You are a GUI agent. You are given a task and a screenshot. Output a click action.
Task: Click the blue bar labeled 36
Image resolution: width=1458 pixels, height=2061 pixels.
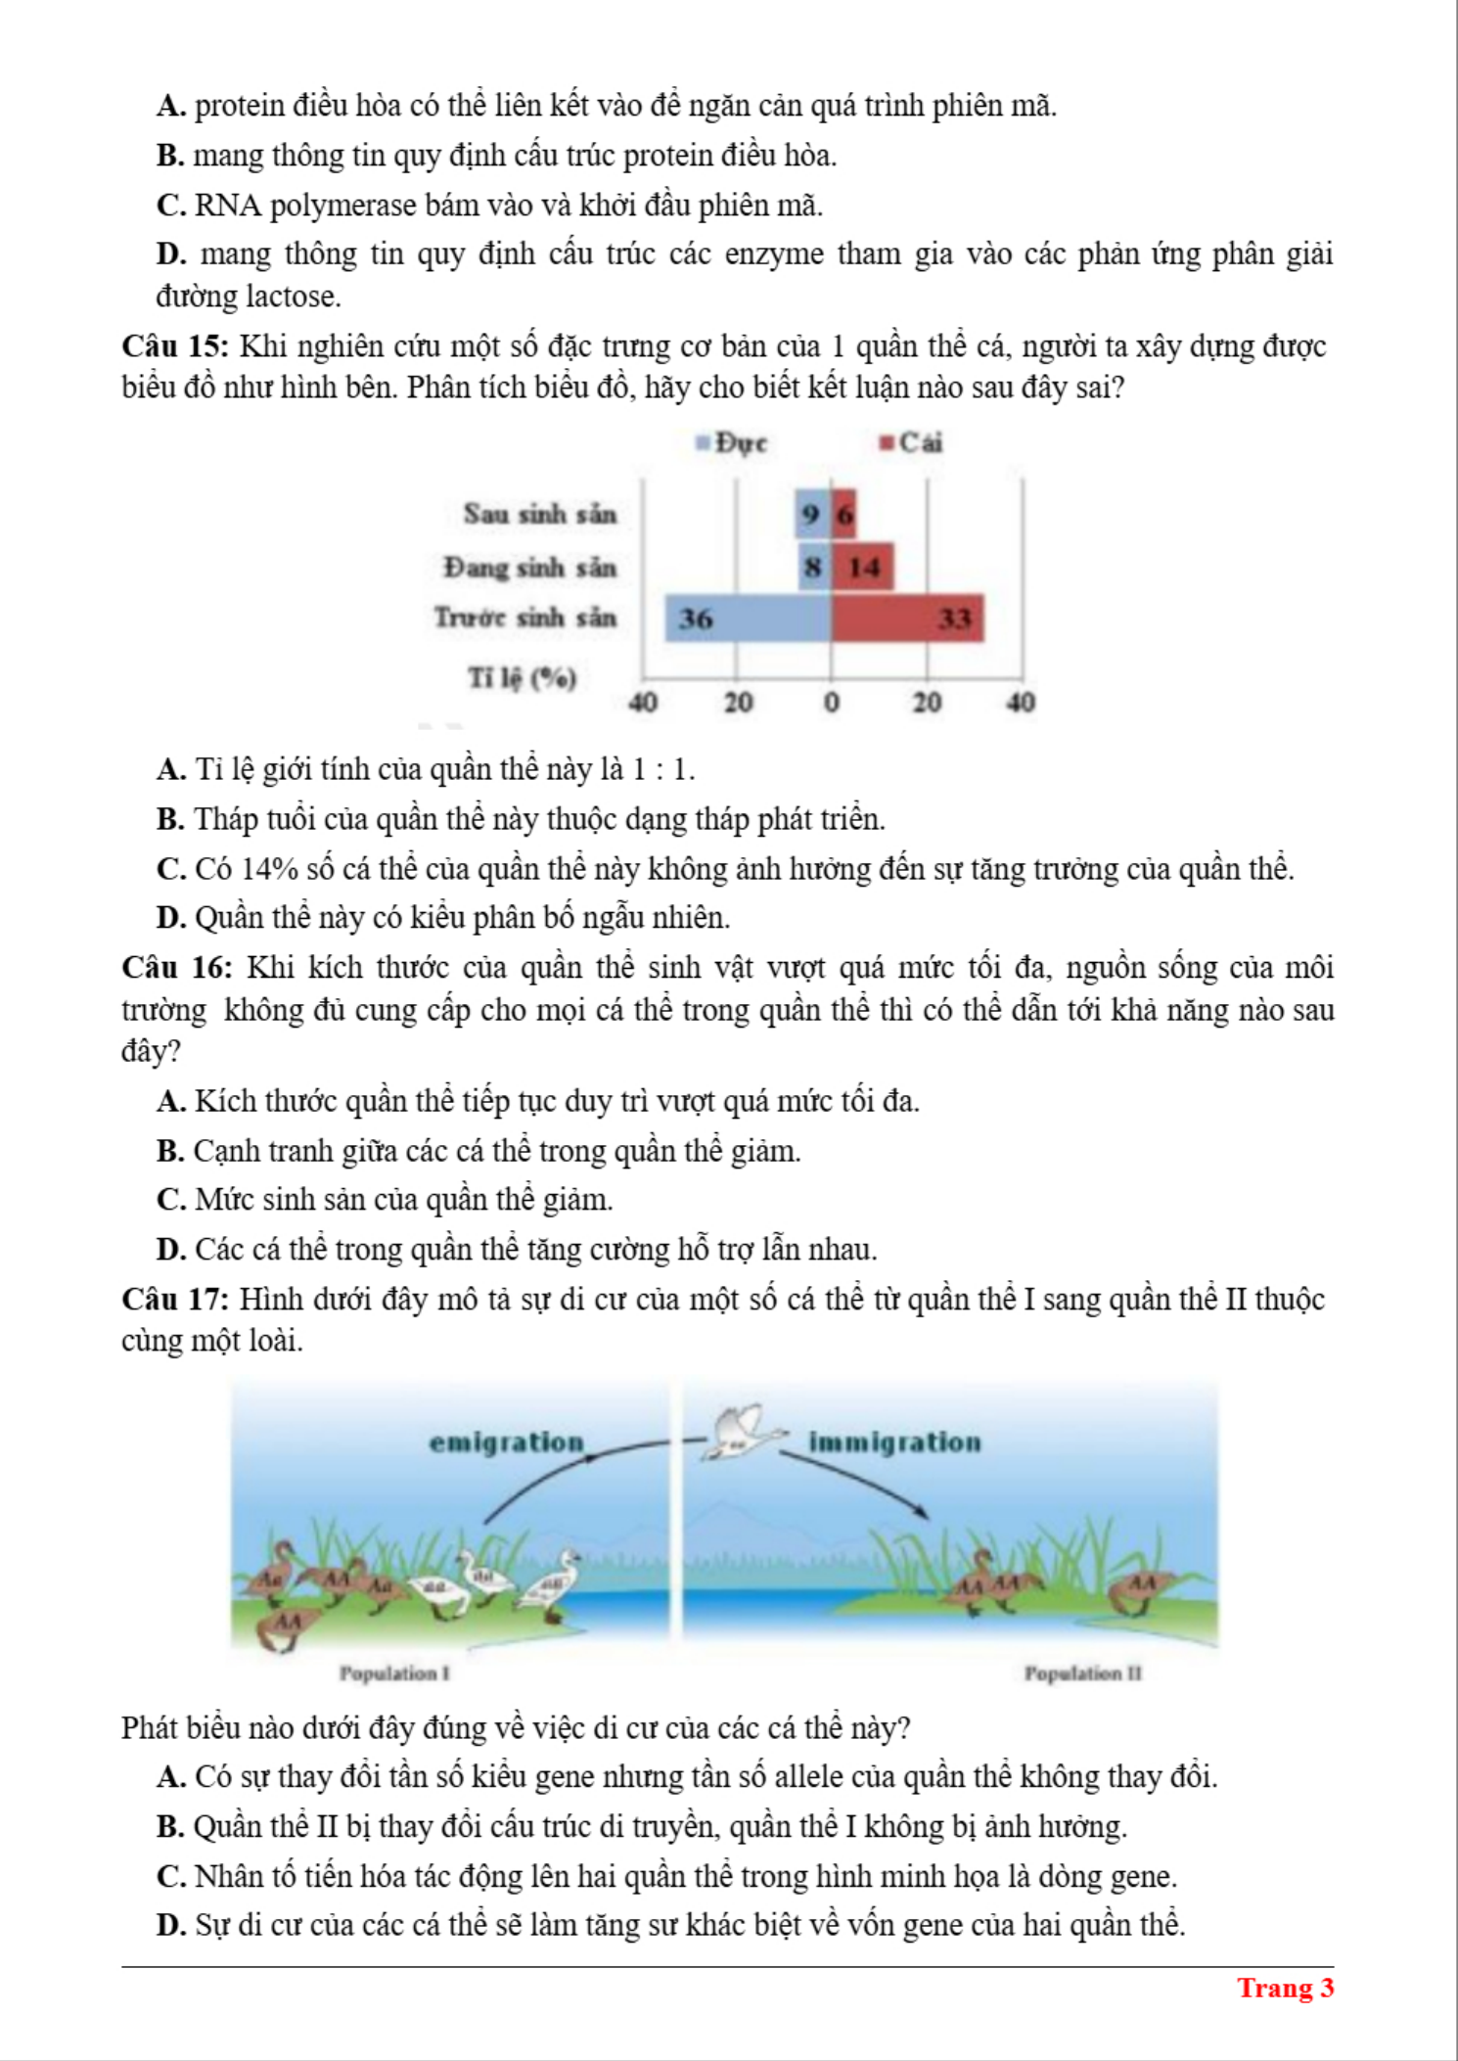748,618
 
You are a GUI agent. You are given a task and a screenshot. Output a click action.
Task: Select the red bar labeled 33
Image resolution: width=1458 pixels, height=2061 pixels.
907,618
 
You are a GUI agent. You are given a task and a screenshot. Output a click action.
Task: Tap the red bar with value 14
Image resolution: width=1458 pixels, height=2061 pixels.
863,568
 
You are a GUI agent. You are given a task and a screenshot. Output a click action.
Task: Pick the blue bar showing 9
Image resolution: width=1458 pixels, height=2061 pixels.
812,515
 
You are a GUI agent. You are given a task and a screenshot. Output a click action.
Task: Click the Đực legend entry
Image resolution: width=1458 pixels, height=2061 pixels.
732,443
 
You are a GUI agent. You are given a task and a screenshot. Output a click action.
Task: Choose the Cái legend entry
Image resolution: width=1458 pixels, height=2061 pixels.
911,443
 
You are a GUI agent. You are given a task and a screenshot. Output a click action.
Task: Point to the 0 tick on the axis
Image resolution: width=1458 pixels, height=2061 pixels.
831,702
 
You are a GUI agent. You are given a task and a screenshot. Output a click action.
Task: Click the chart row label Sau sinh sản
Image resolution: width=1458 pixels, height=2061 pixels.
540,515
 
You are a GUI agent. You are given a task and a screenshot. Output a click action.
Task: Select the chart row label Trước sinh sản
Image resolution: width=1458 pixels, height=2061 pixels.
525,618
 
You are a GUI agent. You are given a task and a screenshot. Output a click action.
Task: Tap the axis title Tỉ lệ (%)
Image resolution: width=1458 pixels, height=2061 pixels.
522,677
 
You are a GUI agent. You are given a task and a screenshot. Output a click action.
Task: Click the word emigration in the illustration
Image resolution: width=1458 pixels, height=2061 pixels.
506,1443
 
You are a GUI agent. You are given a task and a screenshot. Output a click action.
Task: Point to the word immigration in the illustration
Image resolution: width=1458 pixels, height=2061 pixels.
894,1443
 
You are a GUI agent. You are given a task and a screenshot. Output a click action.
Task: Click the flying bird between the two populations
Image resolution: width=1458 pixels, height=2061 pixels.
744,1433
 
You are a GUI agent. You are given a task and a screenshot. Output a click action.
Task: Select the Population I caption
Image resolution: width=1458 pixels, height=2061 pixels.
394,1673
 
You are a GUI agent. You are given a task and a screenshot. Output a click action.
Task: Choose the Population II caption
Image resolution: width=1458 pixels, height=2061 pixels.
1083,1673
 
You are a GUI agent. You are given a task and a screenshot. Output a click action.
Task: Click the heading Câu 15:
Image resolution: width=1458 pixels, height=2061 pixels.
175,346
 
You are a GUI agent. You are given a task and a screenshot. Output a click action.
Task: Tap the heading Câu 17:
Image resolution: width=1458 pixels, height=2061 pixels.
175,1300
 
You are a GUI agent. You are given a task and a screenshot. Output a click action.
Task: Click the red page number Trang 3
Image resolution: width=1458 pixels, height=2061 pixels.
1285,1988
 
